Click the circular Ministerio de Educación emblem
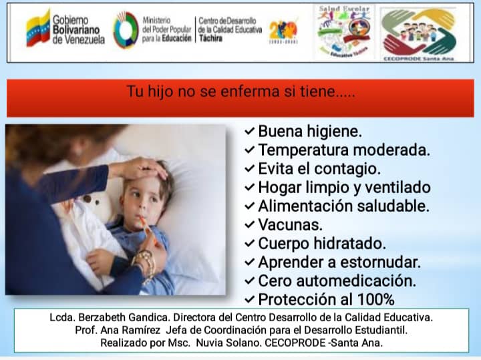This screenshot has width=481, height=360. pos(126,29)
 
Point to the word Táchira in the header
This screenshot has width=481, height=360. pos(212,39)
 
